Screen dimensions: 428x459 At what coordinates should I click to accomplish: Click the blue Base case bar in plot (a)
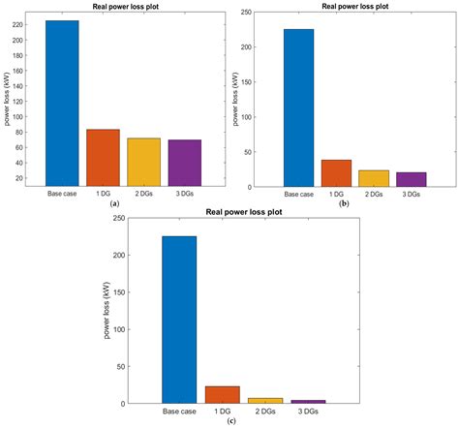[x=62, y=104]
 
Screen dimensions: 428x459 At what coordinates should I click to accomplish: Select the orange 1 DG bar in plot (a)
[x=102, y=158]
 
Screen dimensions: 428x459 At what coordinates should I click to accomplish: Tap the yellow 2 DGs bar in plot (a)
[x=143, y=163]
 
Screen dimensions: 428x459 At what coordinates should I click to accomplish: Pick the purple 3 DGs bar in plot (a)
[x=184, y=164]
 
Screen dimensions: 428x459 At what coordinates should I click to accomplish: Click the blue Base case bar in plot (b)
[x=298, y=107]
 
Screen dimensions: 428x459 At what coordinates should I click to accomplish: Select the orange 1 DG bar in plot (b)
[x=336, y=173]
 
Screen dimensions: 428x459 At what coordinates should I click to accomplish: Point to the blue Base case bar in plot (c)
[x=178, y=320]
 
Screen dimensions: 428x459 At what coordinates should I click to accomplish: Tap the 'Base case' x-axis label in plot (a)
[x=62, y=195]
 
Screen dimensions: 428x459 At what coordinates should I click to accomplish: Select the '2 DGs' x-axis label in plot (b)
[x=373, y=195]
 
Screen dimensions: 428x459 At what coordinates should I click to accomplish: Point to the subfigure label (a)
[x=115, y=204]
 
